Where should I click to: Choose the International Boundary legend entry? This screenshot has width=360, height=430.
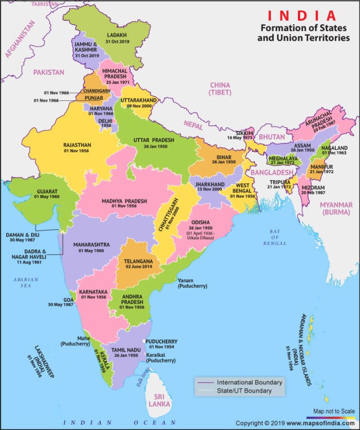[249, 382]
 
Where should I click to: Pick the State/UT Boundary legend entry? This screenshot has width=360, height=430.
[244, 391]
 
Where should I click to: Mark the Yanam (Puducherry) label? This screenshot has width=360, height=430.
[192, 283]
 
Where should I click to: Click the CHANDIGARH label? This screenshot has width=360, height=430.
[97, 90]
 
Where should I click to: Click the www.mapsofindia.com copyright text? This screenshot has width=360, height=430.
[312, 423]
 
